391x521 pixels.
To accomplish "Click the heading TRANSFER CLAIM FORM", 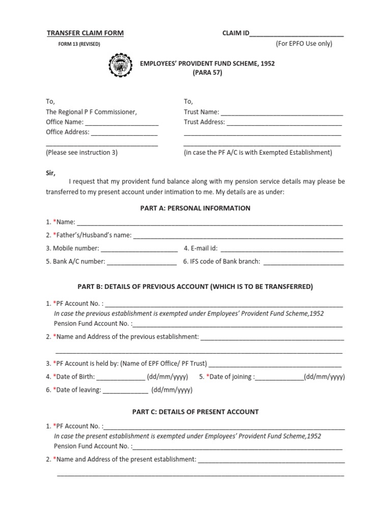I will (85, 33).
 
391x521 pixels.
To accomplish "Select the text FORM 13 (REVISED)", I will (79, 44).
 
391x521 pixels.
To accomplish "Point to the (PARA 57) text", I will (207, 72).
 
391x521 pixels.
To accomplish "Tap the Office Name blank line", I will (122, 123).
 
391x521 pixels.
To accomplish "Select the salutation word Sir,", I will (50, 173).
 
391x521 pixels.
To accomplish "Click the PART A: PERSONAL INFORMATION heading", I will (195, 208).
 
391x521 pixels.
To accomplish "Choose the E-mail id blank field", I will (282, 249).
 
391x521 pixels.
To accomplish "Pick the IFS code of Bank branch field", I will (303, 263).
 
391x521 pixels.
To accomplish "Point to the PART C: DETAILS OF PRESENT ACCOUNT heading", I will (195, 412).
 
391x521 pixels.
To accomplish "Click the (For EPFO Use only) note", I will (304, 44).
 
